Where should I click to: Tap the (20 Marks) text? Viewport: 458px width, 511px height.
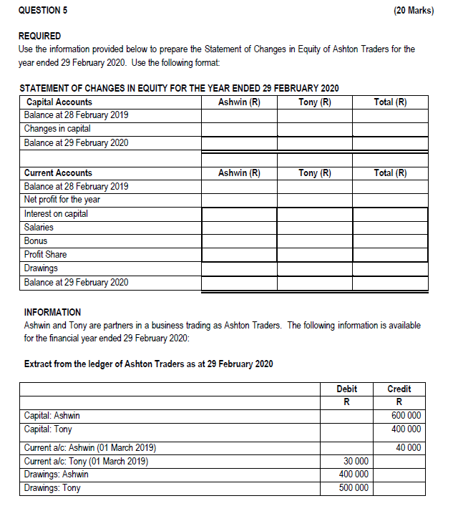[414, 11]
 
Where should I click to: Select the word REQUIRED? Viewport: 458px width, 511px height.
[39, 36]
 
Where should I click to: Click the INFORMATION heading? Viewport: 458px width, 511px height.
[52, 312]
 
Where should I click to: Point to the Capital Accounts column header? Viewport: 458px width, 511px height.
[58, 102]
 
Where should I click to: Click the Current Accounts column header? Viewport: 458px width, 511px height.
[58, 172]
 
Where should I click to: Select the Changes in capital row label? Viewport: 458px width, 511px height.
[57, 129]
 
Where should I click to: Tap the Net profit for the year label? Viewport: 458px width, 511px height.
[62, 200]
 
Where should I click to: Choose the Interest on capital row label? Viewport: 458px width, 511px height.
[56, 213]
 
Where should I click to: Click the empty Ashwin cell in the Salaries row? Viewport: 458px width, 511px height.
[239, 228]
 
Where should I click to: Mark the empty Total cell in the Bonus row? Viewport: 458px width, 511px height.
[391, 241]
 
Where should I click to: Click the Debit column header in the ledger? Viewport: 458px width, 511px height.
[346, 389]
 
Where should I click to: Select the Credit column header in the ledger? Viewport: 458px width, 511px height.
[399, 389]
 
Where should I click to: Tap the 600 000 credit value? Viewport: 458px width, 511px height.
[406, 416]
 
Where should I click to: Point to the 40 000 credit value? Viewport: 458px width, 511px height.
[408, 447]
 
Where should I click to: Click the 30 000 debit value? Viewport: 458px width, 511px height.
[356, 461]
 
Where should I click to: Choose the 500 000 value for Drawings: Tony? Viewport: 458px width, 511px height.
[354, 488]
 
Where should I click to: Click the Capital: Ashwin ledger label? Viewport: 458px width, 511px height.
[52, 416]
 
